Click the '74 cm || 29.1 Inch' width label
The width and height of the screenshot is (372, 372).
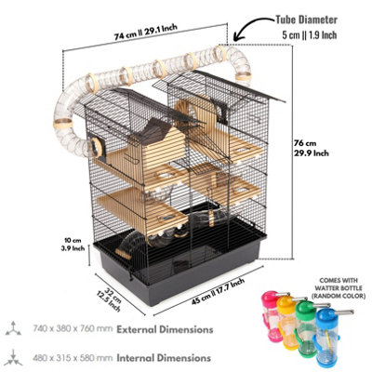pyautogui.click(x=145, y=32)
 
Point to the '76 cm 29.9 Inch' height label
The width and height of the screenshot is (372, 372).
pyautogui.click(x=312, y=148)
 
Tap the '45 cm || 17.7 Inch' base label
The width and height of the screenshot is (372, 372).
pyautogui.click(x=218, y=291)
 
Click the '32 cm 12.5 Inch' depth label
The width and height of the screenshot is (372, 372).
pyautogui.click(x=109, y=300)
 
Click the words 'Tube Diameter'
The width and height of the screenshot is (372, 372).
pyautogui.click(x=306, y=20)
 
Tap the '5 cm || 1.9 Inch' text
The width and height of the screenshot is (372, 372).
pyautogui.click(x=310, y=34)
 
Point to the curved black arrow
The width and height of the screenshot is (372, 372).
pyautogui.click(x=252, y=26)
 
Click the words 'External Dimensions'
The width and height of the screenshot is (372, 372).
pyautogui.click(x=165, y=329)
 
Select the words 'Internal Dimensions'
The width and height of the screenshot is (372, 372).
pyautogui.click(x=164, y=358)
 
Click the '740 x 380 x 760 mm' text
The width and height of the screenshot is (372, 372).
pyautogui.click(x=73, y=328)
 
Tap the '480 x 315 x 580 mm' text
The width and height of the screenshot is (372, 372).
pyautogui.click(x=73, y=358)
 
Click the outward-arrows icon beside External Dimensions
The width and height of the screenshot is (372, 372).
pyautogui.click(x=13, y=329)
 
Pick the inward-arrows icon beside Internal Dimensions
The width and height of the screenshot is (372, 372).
pyautogui.click(x=13, y=358)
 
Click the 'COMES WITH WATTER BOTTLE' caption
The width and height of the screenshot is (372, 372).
pyautogui.click(x=339, y=285)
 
